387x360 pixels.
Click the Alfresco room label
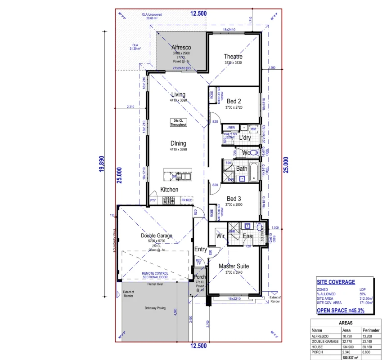click(x=181, y=47)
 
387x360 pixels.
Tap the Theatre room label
click(x=233, y=57)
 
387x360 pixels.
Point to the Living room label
click(x=178, y=95)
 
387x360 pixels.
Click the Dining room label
click(x=178, y=144)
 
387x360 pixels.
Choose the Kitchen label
click(x=169, y=190)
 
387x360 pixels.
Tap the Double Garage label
click(x=157, y=236)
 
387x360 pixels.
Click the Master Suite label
click(x=234, y=266)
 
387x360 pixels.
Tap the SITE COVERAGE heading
click(x=335, y=282)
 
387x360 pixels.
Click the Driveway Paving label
click(x=155, y=308)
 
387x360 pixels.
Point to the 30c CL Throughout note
click(x=178, y=122)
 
